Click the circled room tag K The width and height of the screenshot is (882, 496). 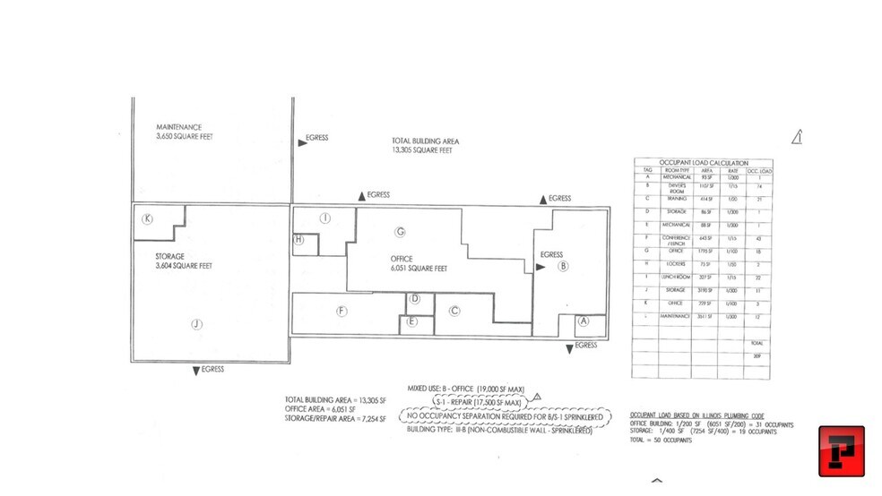pyautogui.click(x=146, y=218)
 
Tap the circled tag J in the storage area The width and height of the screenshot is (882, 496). pyautogui.click(x=196, y=326)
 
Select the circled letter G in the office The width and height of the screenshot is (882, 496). pyautogui.click(x=401, y=232)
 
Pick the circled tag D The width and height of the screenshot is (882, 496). pyautogui.click(x=415, y=299)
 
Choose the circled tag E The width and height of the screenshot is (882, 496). pyautogui.click(x=411, y=321)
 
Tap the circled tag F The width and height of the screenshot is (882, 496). pyautogui.click(x=342, y=311)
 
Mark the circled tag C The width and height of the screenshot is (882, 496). pyautogui.click(x=454, y=311)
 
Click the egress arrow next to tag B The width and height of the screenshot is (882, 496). pyautogui.click(x=540, y=266)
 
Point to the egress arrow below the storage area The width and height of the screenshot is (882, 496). pyautogui.click(x=196, y=370)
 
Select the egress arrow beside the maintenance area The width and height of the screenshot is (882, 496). pyautogui.click(x=301, y=141)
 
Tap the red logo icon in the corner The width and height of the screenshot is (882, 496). pyautogui.click(x=841, y=451)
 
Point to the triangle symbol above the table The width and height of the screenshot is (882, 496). pyautogui.click(x=797, y=136)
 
